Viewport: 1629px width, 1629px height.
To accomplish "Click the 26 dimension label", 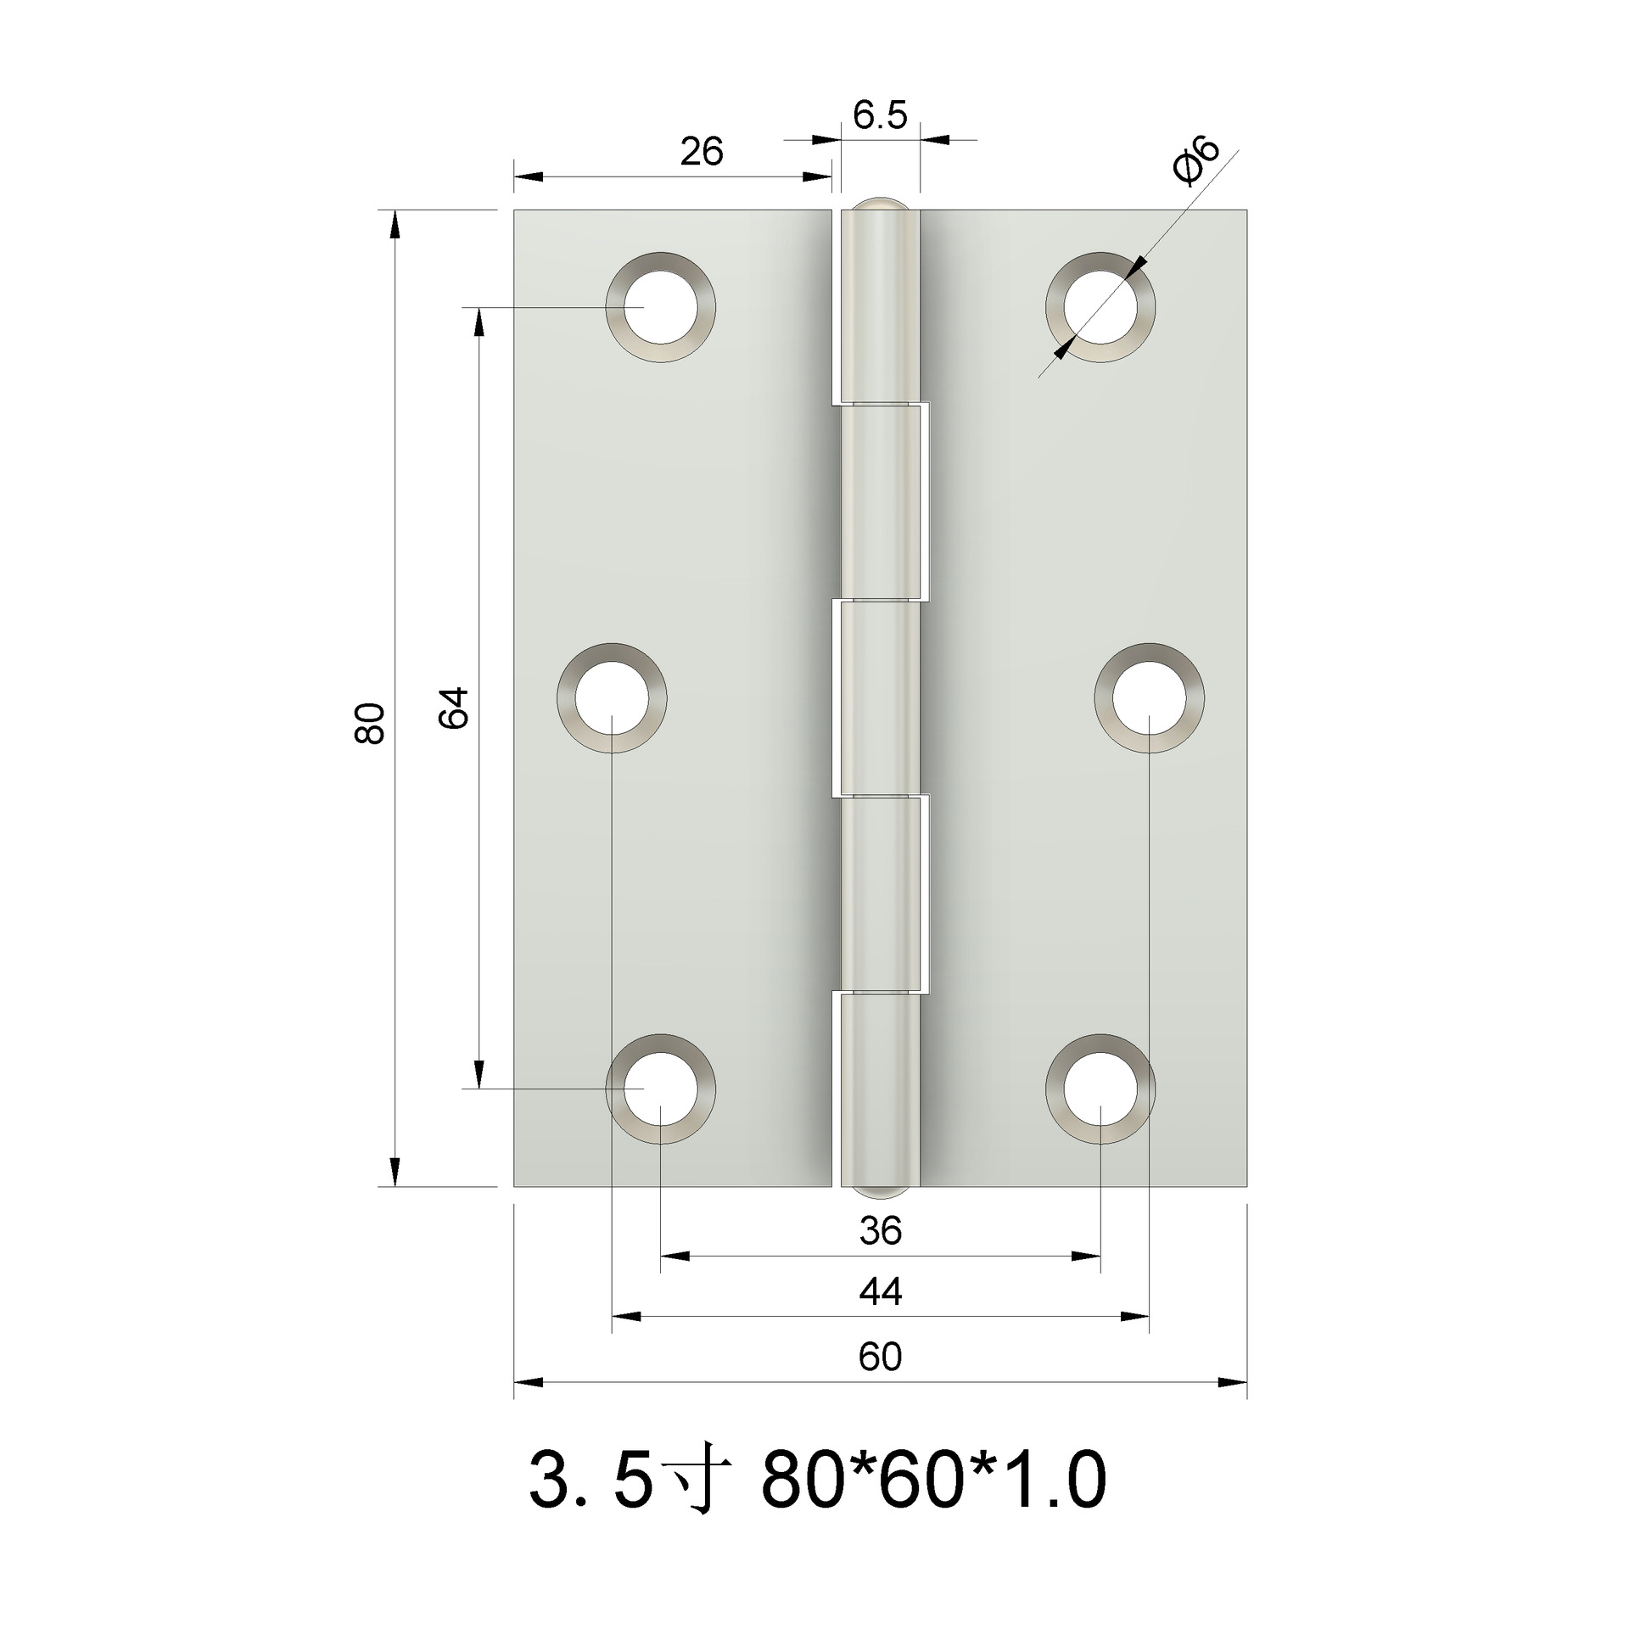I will click(x=702, y=152).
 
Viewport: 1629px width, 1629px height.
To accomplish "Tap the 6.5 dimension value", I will click(x=880, y=115).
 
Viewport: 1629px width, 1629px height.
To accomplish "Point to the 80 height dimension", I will click(x=370, y=723).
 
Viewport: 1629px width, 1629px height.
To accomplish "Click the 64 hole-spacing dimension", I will click(x=454, y=707).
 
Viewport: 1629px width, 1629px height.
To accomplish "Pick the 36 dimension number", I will click(x=880, y=1230).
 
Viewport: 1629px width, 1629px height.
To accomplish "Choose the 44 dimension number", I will click(x=880, y=1292).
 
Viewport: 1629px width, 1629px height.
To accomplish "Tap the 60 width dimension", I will click(x=880, y=1357).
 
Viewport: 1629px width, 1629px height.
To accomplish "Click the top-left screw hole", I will click(x=660, y=306).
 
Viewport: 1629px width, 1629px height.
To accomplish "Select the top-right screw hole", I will click(x=1100, y=306).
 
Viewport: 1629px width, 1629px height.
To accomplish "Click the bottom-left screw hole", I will click(x=660, y=1089).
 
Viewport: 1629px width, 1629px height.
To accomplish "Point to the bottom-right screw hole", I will click(x=1100, y=1089).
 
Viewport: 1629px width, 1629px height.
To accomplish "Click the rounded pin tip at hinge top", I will click(x=880, y=204).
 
